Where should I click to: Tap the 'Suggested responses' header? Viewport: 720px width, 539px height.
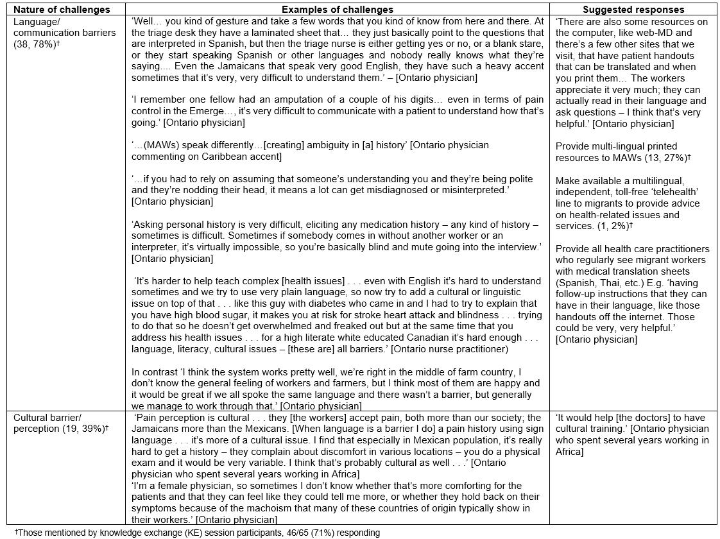[x=633, y=10]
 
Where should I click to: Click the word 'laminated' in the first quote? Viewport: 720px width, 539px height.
[x=268, y=33]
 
